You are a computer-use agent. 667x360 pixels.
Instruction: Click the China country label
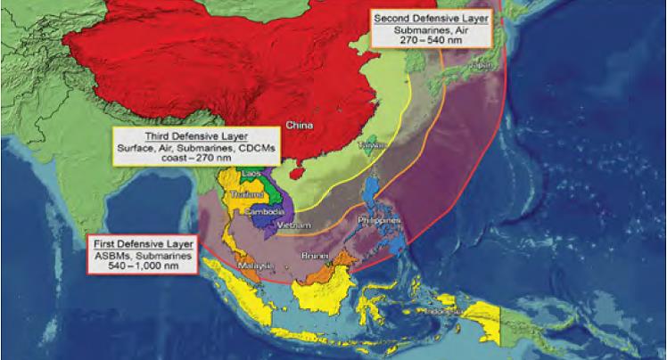tap(299, 125)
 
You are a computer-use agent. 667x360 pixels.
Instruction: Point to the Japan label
tap(482, 63)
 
